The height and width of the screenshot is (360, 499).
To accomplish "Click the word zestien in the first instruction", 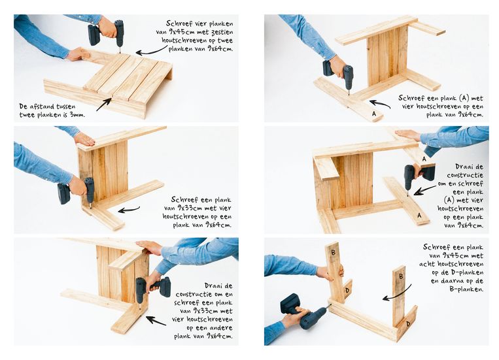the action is click(222, 32).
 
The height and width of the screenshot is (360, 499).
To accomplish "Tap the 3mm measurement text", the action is click(78, 115).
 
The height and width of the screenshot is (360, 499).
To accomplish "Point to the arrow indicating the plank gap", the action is click(104, 105).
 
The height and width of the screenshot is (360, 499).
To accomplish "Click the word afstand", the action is click(43, 106).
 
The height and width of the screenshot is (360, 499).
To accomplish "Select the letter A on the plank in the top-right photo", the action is click(374, 114).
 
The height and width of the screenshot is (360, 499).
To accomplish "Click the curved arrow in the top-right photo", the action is click(380, 104).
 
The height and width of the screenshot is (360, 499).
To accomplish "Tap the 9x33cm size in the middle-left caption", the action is click(184, 208).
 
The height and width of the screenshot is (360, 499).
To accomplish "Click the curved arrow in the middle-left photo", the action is click(129, 210).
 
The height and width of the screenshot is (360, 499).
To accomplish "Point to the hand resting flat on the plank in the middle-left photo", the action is click(84, 139).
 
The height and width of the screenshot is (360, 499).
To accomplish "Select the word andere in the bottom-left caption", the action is click(222, 328).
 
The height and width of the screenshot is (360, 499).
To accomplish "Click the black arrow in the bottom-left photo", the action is click(156, 321).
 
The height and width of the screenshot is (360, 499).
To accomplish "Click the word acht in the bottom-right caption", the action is click(428, 264).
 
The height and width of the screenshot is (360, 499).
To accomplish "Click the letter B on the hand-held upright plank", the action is click(333, 253).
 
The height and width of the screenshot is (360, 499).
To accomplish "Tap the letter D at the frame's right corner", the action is click(408, 324).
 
